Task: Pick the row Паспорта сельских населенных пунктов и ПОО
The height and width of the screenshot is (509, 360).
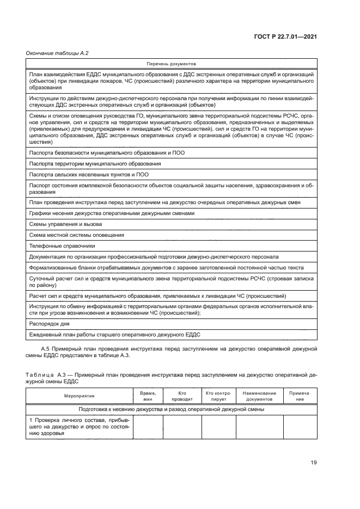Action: point(89,174)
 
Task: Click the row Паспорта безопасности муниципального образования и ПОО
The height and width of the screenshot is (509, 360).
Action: point(107,152)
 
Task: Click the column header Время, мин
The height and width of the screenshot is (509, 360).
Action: point(148,396)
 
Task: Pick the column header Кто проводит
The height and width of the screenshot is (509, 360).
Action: point(182,396)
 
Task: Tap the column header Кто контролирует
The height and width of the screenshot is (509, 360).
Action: point(218,396)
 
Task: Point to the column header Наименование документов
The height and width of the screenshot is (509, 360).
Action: point(259,396)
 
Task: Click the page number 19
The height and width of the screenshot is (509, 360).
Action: point(313,463)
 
